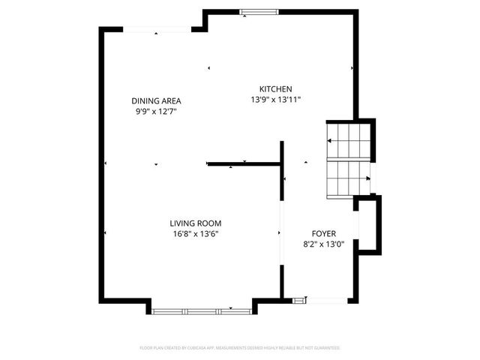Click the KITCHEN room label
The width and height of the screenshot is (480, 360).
point(275,88)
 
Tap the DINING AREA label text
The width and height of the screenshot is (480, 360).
point(156,100)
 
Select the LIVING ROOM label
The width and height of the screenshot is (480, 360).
point(195,223)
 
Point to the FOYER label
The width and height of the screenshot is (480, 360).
point(324,233)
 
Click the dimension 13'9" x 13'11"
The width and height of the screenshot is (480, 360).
point(275,99)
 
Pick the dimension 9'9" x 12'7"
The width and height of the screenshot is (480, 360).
point(156,111)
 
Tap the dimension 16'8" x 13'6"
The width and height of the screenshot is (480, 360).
point(195,233)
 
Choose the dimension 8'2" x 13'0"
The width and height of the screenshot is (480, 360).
point(324,244)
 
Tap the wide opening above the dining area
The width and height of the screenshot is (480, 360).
point(157,29)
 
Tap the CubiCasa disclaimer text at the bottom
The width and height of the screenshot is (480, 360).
point(240,348)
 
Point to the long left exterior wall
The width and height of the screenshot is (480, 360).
point(102,165)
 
